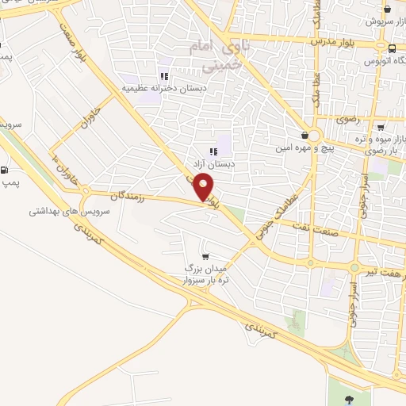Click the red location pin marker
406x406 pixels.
205,187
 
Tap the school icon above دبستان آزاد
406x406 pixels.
213,151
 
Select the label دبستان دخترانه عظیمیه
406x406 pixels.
155,88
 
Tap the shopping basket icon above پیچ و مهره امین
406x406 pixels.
305,136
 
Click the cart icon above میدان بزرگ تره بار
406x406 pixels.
206,255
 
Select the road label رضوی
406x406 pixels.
347,119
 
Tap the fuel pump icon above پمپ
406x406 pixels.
6,170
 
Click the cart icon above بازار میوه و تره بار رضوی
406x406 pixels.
381,127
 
